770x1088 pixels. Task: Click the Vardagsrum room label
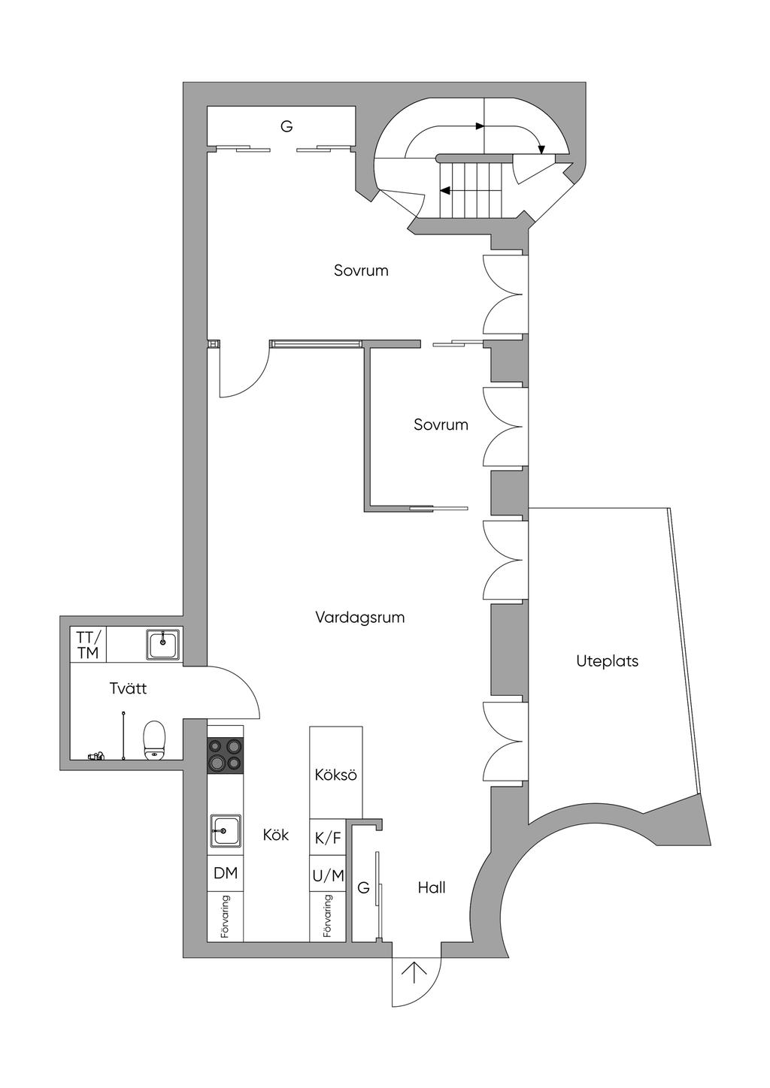[359, 618]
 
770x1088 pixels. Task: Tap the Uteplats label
[607, 661]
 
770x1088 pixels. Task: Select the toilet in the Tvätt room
[154, 740]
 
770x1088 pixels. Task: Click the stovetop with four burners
[226, 754]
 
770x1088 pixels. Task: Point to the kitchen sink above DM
[225, 831]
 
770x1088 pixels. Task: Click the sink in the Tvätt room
[162, 644]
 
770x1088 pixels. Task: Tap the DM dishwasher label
[226, 873]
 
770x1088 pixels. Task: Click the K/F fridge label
[328, 839]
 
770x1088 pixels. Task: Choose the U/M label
[328, 875]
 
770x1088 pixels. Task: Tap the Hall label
[432, 887]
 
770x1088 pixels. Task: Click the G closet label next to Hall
[364, 888]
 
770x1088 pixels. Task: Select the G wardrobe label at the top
[286, 126]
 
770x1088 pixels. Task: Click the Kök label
[276, 835]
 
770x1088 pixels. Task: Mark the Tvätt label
[128, 688]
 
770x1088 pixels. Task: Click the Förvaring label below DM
[226, 917]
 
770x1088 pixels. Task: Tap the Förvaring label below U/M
[328, 917]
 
